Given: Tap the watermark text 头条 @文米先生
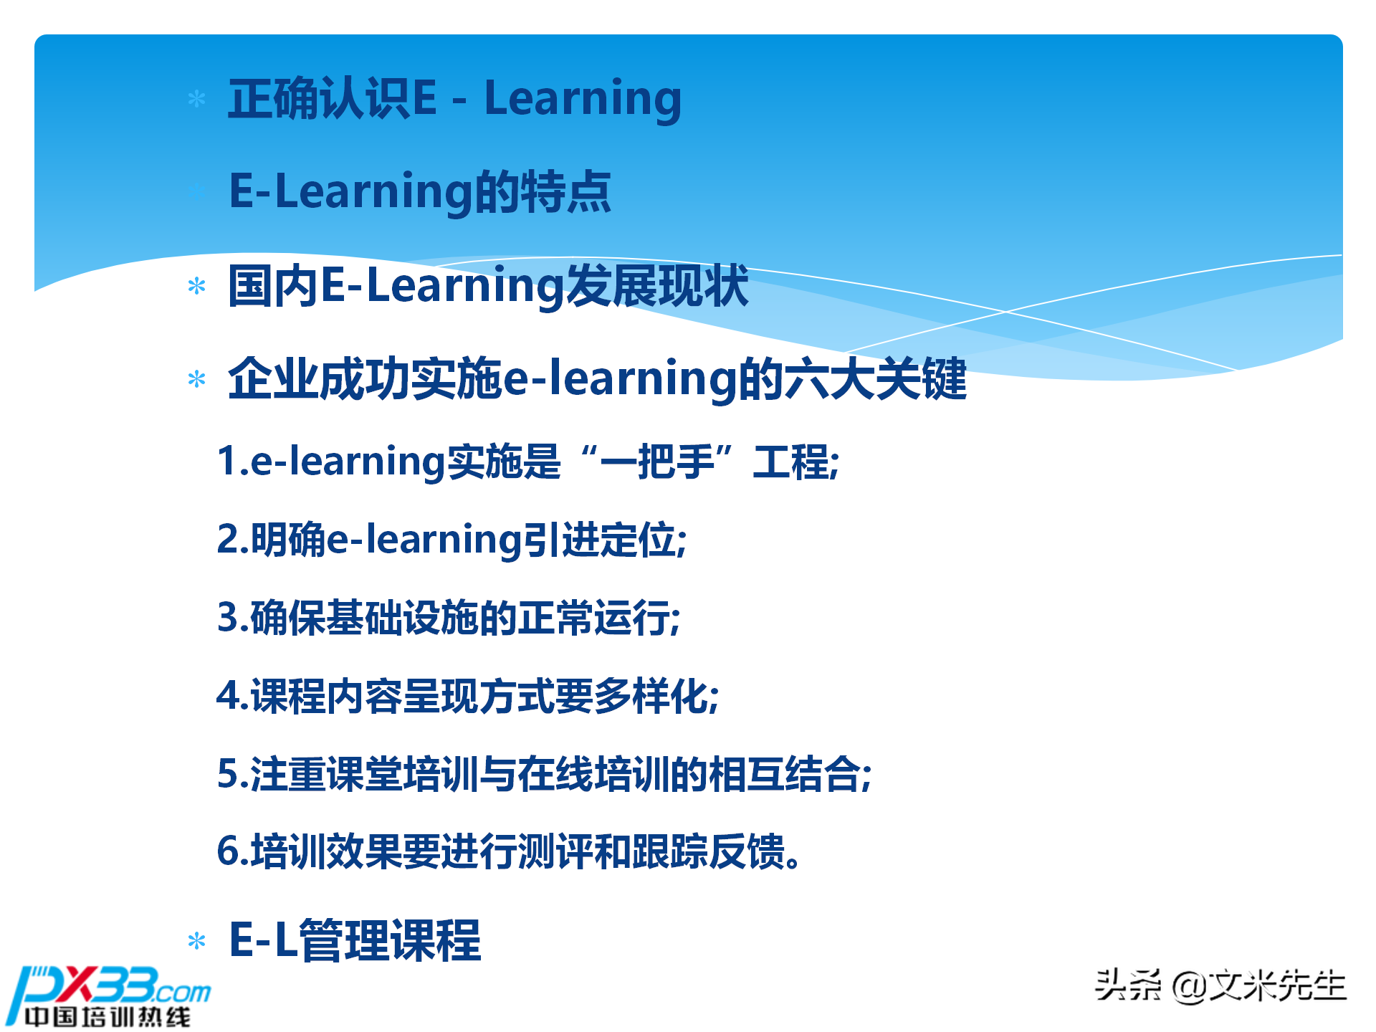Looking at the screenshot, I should [x=1220, y=985].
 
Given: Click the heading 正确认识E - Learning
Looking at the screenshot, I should [x=454, y=98].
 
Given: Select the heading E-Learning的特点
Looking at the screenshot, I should [x=419, y=191].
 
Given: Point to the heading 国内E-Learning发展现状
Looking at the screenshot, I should [x=487, y=285].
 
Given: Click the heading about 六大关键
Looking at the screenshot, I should [x=597, y=378].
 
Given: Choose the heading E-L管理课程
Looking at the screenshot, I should [x=355, y=940].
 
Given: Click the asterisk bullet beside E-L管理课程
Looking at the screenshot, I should [x=196, y=941].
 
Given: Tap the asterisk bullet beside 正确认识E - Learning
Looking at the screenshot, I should [x=196, y=99].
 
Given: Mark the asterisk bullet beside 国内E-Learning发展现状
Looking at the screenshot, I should [x=196, y=287].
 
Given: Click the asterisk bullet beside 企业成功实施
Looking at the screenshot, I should [x=196, y=379].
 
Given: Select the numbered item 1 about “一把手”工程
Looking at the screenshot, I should [x=527, y=461].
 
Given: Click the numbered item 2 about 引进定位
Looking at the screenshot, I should [x=451, y=539].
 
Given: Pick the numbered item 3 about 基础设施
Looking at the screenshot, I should [x=449, y=617].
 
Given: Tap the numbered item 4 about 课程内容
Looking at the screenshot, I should [x=467, y=695].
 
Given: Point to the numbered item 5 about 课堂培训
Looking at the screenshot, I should [x=544, y=774].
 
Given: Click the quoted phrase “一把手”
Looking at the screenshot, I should [x=657, y=461].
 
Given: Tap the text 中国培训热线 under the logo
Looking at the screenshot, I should [x=107, y=1016].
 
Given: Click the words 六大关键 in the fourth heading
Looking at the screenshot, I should [x=875, y=378].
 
